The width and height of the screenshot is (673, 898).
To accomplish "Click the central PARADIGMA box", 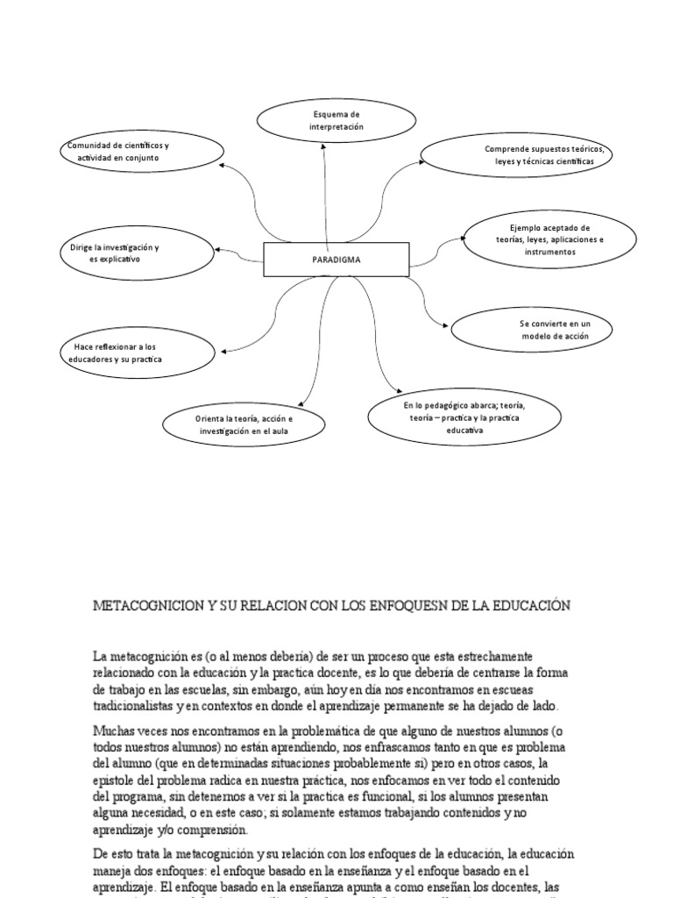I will point(336,260).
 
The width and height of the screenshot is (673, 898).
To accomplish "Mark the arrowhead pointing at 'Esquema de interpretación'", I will point(323,146).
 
